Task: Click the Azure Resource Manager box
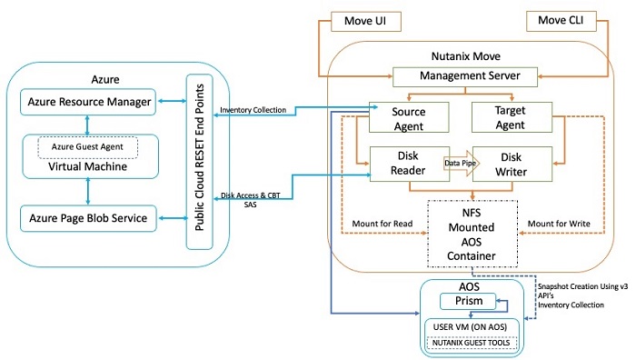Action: click(x=87, y=102)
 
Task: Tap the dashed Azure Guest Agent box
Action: click(x=87, y=145)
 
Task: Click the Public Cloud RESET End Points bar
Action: click(x=193, y=163)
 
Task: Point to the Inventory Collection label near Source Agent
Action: click(x=253, y=111)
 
